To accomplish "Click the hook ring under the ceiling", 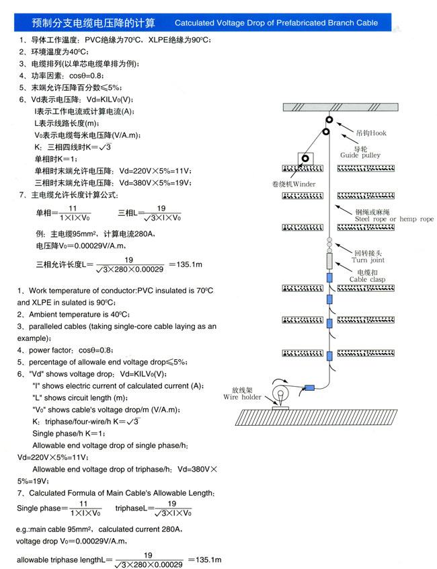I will (329, 120).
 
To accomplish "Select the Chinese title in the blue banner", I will (84, 24).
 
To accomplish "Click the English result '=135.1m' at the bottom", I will (206, 560).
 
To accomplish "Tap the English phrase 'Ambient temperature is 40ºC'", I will (72, 314).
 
